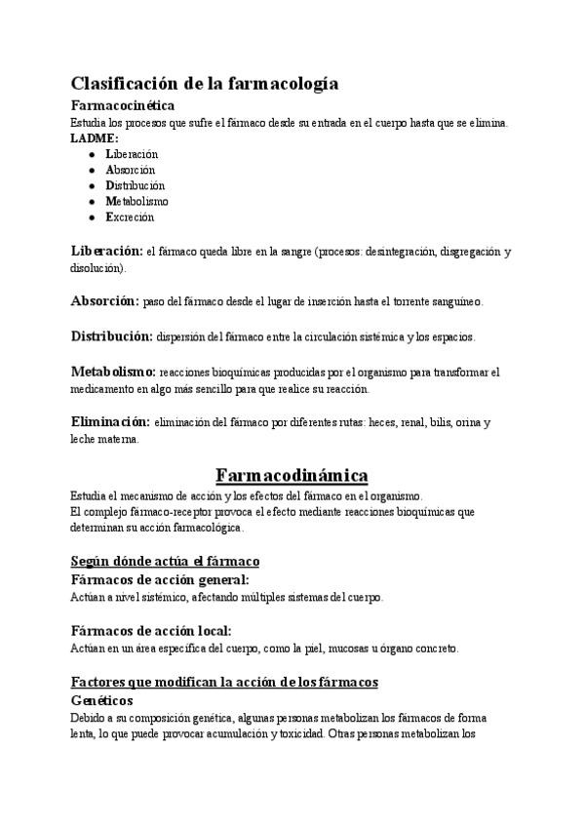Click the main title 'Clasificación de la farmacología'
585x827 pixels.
pos(205,84)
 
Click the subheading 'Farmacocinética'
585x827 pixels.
pos(123,105)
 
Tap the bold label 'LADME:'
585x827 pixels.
pos(94,138)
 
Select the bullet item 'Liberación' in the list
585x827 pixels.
pos(132,154)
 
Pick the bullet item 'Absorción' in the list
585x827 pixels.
pos(131,170)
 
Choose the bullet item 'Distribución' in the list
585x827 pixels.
pos(136,185)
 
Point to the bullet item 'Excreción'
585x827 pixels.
pos(130,217)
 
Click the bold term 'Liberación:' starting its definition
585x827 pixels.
pos(107,251)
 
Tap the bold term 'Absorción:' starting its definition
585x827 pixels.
pos(105,301)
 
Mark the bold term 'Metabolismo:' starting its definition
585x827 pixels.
pos(112,372)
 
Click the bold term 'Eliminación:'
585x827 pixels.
pos(110,422)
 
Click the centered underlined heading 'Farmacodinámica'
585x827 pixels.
pos(292,476)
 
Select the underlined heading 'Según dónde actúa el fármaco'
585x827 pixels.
pos(164,561)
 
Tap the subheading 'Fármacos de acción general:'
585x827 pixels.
pos(161,579)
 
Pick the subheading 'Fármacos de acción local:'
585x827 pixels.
pos(152,630)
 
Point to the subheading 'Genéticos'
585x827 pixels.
pos(101,700)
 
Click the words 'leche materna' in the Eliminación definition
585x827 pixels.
pos(104,440)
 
